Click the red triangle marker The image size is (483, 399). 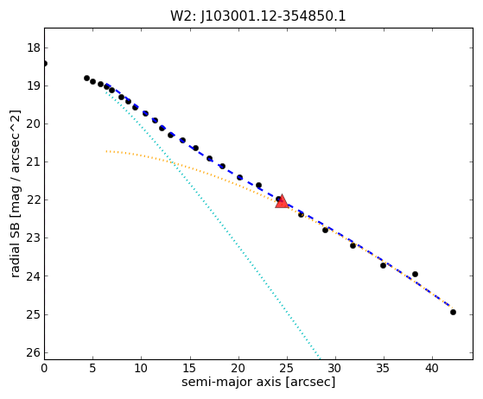(x=282, y=202)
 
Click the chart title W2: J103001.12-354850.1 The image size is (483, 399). (x=258, y=16)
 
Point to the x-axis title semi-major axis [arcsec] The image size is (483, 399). (x=258, y=382)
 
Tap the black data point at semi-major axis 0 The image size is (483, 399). (x=45, y=63)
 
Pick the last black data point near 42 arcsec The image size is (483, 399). (x=453, y=312)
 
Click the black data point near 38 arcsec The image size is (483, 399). (x=415, y=274)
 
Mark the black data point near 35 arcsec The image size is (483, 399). (x=383, y=265)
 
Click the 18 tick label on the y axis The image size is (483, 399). (x=34, y=48)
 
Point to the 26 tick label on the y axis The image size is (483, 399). (x=34, y=352)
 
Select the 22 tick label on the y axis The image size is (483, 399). (x=34, y=200)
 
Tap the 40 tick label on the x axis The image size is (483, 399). (x=432, y=368)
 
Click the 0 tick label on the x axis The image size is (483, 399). (x=44, y=368)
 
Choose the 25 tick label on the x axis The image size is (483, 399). (x=287, y=368)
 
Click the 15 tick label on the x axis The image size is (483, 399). (x=190, y=368)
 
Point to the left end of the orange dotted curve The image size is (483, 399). (x=106, y=151)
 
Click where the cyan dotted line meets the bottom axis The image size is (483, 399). (x=321, y=358)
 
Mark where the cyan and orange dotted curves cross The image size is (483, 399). (x=172, y=162)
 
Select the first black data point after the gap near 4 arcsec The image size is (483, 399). (x=87, y=79)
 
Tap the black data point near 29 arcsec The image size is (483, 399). (x=325, y=230)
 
